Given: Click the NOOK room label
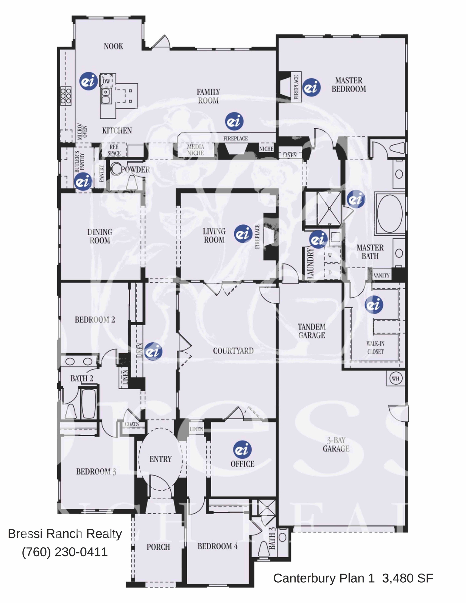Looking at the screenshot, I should pos(113,46).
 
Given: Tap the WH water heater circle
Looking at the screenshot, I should pos(395,378).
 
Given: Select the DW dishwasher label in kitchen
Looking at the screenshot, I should pos(106,81).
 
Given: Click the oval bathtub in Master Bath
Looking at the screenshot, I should pos(390,214).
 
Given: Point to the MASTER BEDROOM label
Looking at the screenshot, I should pos(349,85).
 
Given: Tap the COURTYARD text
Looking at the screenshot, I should pos(233,351).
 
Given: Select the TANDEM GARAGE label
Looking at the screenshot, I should pos(312,331).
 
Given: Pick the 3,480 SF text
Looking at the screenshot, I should pos(407,578).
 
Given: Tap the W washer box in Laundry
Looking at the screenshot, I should pos(330,255).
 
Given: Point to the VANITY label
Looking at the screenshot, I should pos(382,275).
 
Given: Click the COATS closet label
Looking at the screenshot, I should pos(132,424).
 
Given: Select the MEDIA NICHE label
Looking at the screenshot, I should pos(195,150).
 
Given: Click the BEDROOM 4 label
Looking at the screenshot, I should pos(217,546).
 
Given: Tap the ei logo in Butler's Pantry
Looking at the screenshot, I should pos(83,181).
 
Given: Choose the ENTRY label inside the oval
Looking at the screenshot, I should pos(161,459).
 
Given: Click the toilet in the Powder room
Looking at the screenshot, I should pos(132,182).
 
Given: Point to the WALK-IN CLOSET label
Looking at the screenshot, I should pos(375,348).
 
